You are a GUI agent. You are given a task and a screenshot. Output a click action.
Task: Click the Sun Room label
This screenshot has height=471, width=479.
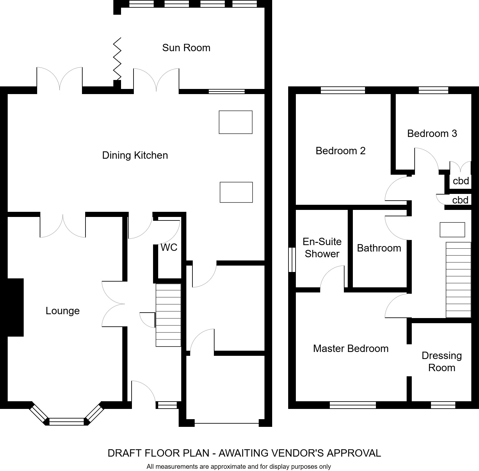point(186,48)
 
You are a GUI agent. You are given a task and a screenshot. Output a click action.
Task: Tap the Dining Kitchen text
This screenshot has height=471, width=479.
point(135,155)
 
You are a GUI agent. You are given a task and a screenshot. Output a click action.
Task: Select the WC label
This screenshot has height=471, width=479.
point(169,247)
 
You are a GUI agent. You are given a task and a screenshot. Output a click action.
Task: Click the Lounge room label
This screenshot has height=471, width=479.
point(62,311)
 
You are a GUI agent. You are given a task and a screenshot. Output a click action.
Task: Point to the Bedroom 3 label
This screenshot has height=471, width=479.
point(432,133)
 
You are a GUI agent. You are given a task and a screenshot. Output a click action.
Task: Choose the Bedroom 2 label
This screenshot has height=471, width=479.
point(340,151)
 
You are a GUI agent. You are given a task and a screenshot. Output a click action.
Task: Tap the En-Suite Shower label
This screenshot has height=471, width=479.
point(322,248)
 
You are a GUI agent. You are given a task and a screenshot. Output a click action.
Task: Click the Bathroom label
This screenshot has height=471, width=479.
point(379,248)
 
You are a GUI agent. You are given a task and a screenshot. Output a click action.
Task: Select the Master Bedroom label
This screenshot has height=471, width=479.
point(351,348)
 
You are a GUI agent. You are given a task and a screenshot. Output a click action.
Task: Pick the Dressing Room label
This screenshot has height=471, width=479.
point(442,362)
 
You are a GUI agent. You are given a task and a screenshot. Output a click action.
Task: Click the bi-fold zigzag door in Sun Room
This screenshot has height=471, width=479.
point(118,59)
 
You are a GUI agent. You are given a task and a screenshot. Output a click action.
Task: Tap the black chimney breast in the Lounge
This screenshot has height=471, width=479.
point(15,307)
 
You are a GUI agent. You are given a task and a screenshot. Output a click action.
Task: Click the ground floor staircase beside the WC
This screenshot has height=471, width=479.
point(168,315)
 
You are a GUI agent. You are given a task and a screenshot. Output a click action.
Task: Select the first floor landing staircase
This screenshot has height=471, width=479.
point(458,280)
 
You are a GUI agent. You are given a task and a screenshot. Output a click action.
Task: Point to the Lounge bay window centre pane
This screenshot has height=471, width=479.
point(67,421)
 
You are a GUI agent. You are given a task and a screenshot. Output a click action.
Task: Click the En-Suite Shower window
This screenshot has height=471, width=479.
point(292,260)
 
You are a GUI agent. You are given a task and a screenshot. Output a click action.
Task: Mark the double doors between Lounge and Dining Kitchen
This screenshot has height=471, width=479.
point(63,226)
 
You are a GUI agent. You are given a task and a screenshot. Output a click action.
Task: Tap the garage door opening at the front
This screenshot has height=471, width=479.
point(227,423)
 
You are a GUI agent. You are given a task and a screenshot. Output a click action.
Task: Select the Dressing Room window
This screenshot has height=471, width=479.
point(443,405)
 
